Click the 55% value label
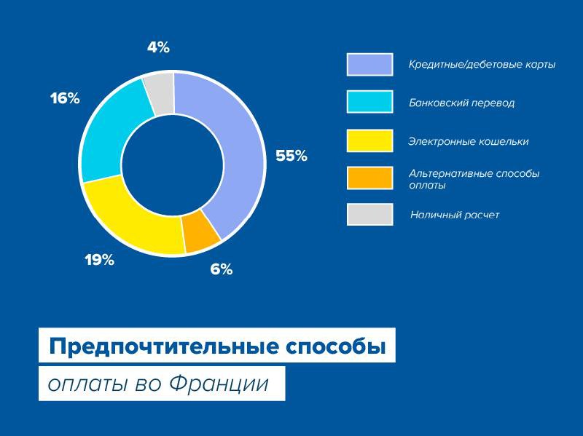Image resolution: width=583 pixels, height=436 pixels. pos(291,156)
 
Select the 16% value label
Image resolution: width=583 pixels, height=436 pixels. pos(65,99)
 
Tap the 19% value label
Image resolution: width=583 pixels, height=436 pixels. pos(99,260)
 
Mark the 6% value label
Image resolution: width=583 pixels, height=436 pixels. pos(222,269)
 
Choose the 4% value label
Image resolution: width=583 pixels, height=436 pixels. pos(158,47)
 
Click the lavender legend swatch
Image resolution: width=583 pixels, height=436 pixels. pos(369,65)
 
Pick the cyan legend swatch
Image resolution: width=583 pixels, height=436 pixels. pos(369,102)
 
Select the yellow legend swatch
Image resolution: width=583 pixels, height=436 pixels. pos(369,140)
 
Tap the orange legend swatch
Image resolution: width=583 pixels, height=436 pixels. pos(369,178)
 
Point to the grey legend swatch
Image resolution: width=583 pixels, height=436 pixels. pos(369,214)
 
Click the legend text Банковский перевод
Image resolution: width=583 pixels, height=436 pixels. pos(461,103)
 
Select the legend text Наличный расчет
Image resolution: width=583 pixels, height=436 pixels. pos(454,215)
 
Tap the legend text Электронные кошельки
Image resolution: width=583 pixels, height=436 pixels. pos(468,141)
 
